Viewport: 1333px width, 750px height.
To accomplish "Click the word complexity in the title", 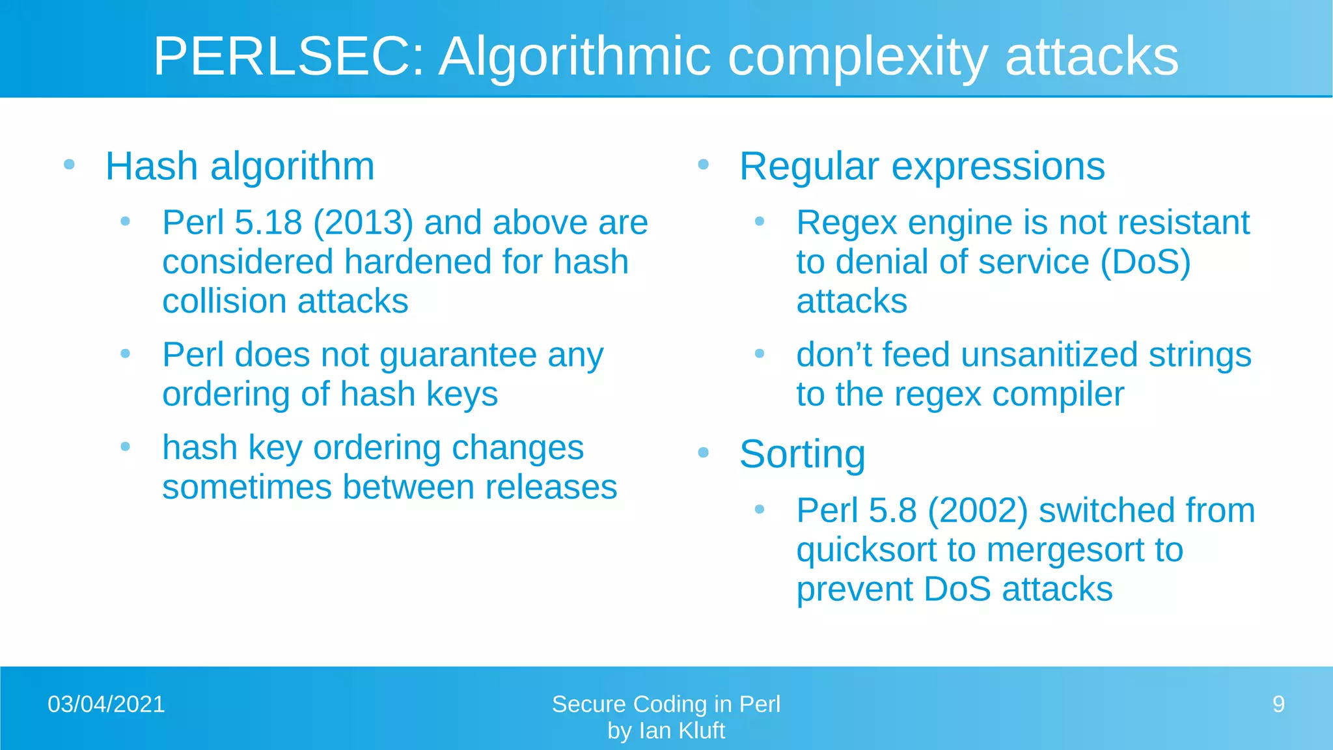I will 857,57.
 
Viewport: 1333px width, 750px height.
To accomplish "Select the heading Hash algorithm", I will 240,166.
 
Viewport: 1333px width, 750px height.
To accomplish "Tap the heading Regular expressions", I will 922,166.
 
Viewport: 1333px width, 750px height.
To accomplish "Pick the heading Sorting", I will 802,454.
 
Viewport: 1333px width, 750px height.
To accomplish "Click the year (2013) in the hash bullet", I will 363,223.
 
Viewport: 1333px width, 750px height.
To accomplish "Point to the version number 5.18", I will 268,223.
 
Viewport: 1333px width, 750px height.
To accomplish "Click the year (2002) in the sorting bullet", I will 978,510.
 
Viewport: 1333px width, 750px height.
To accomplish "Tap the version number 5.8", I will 892,510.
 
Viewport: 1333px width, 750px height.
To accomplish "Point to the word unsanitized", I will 1049,355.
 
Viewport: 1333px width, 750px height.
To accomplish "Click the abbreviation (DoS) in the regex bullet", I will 1146,262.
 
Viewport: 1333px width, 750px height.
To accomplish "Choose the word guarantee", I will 458,355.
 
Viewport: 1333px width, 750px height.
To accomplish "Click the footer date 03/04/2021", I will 106,704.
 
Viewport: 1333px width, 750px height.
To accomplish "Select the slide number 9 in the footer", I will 1278,704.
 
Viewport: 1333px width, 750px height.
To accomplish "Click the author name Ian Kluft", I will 681,731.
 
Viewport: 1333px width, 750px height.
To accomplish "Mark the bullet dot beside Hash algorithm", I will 70,165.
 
